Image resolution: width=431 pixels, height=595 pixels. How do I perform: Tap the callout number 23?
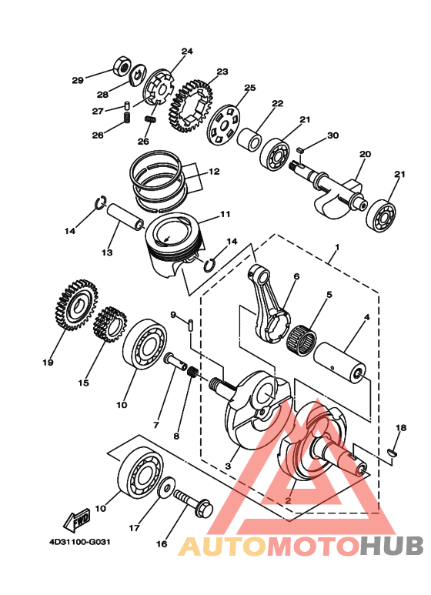(222, 72)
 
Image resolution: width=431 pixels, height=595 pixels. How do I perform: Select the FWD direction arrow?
(77, 520)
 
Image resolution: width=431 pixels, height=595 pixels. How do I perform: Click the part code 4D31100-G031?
(80, 541)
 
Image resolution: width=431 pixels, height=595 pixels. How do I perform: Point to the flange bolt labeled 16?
(193, 503)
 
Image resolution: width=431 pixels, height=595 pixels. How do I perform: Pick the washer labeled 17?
(166, 486)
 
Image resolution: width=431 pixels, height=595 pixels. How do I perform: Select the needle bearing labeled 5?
(301, 337)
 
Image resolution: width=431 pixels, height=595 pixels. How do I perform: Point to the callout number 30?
(332, 135)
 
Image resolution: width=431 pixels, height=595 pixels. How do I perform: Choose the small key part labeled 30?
(300, 149)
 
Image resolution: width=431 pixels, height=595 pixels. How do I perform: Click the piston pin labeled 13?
(125, 216)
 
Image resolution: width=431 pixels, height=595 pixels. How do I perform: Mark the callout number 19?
(48, 363)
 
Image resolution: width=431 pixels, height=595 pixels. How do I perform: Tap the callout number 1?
(337, 247)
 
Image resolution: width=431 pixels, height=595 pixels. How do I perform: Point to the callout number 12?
(214, 172)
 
